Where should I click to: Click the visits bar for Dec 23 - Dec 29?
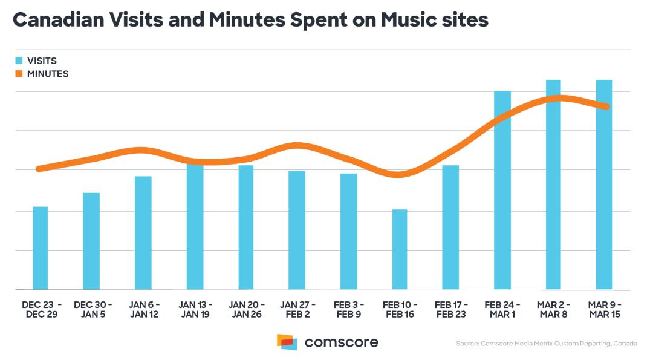41,248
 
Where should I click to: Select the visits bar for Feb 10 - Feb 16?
400,249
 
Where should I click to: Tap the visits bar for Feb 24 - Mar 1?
502,190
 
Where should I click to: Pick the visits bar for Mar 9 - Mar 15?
604,185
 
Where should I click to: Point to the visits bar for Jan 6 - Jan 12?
143,233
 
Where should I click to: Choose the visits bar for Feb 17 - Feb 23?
450,227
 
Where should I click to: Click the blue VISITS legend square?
19,61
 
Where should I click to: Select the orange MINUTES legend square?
19,74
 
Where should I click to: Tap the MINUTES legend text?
48,74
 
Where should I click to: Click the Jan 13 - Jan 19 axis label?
195,309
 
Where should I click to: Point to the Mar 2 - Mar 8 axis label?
553,309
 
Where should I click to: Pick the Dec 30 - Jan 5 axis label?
91,309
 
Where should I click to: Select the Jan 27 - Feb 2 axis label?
297,309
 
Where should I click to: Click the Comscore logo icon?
287,342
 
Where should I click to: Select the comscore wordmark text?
342,342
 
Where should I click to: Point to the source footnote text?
547,344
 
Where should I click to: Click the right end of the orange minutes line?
607,106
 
